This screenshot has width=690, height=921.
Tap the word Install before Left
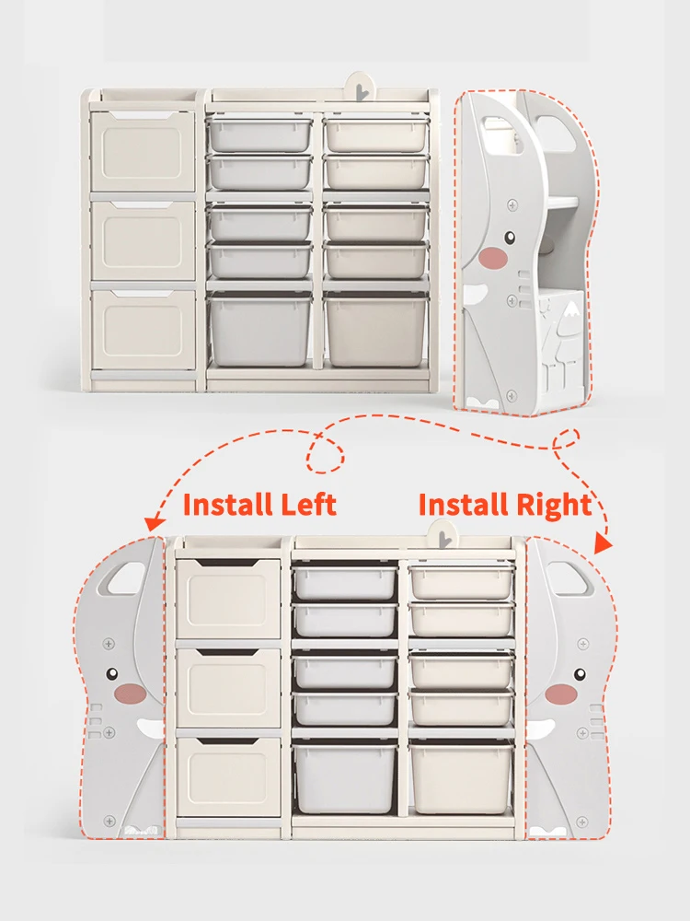(x=227, y=505)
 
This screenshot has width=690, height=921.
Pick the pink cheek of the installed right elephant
(x=560, y=693)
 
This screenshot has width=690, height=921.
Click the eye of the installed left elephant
(x=113, y=674)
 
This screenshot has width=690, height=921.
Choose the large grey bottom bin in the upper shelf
(x=261, y=330)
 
